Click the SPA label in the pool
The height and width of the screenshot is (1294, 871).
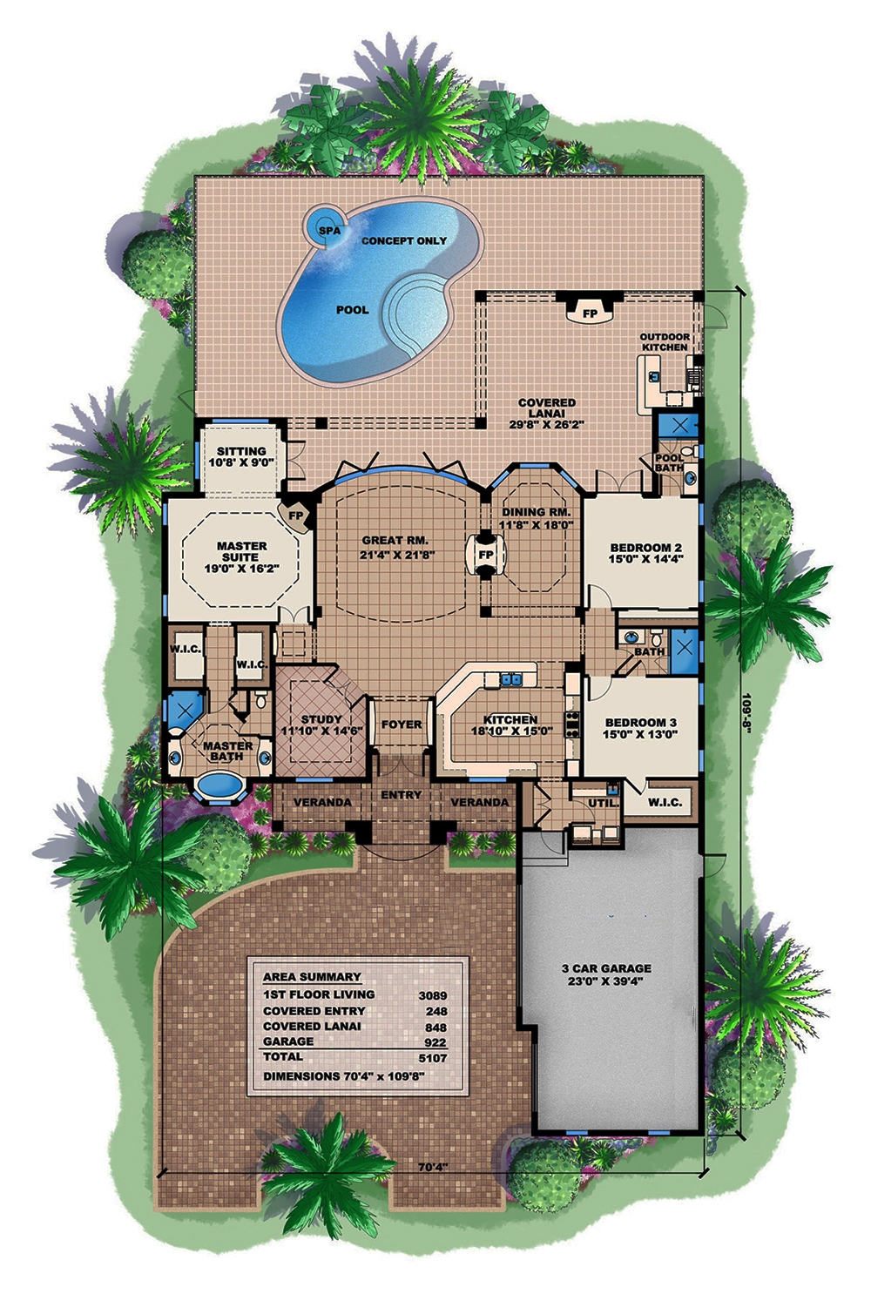[328, 231]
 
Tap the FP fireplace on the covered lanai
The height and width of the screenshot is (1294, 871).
[590, 313]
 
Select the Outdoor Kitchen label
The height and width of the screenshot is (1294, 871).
[665, 342]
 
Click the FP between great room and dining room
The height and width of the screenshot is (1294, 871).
[485, 555]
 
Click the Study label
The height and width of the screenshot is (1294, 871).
[321, 719]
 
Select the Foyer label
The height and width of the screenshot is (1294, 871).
[402, 725]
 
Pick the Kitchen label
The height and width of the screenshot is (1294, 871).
[510, 720]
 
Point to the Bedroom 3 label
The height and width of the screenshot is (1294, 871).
[640, 723]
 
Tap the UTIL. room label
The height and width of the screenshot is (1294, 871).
[603, 802]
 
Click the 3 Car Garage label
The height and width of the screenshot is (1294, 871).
[607, 968]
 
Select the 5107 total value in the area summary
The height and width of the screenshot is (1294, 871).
[433, 1057]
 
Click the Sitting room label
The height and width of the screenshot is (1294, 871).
[241, 452]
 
